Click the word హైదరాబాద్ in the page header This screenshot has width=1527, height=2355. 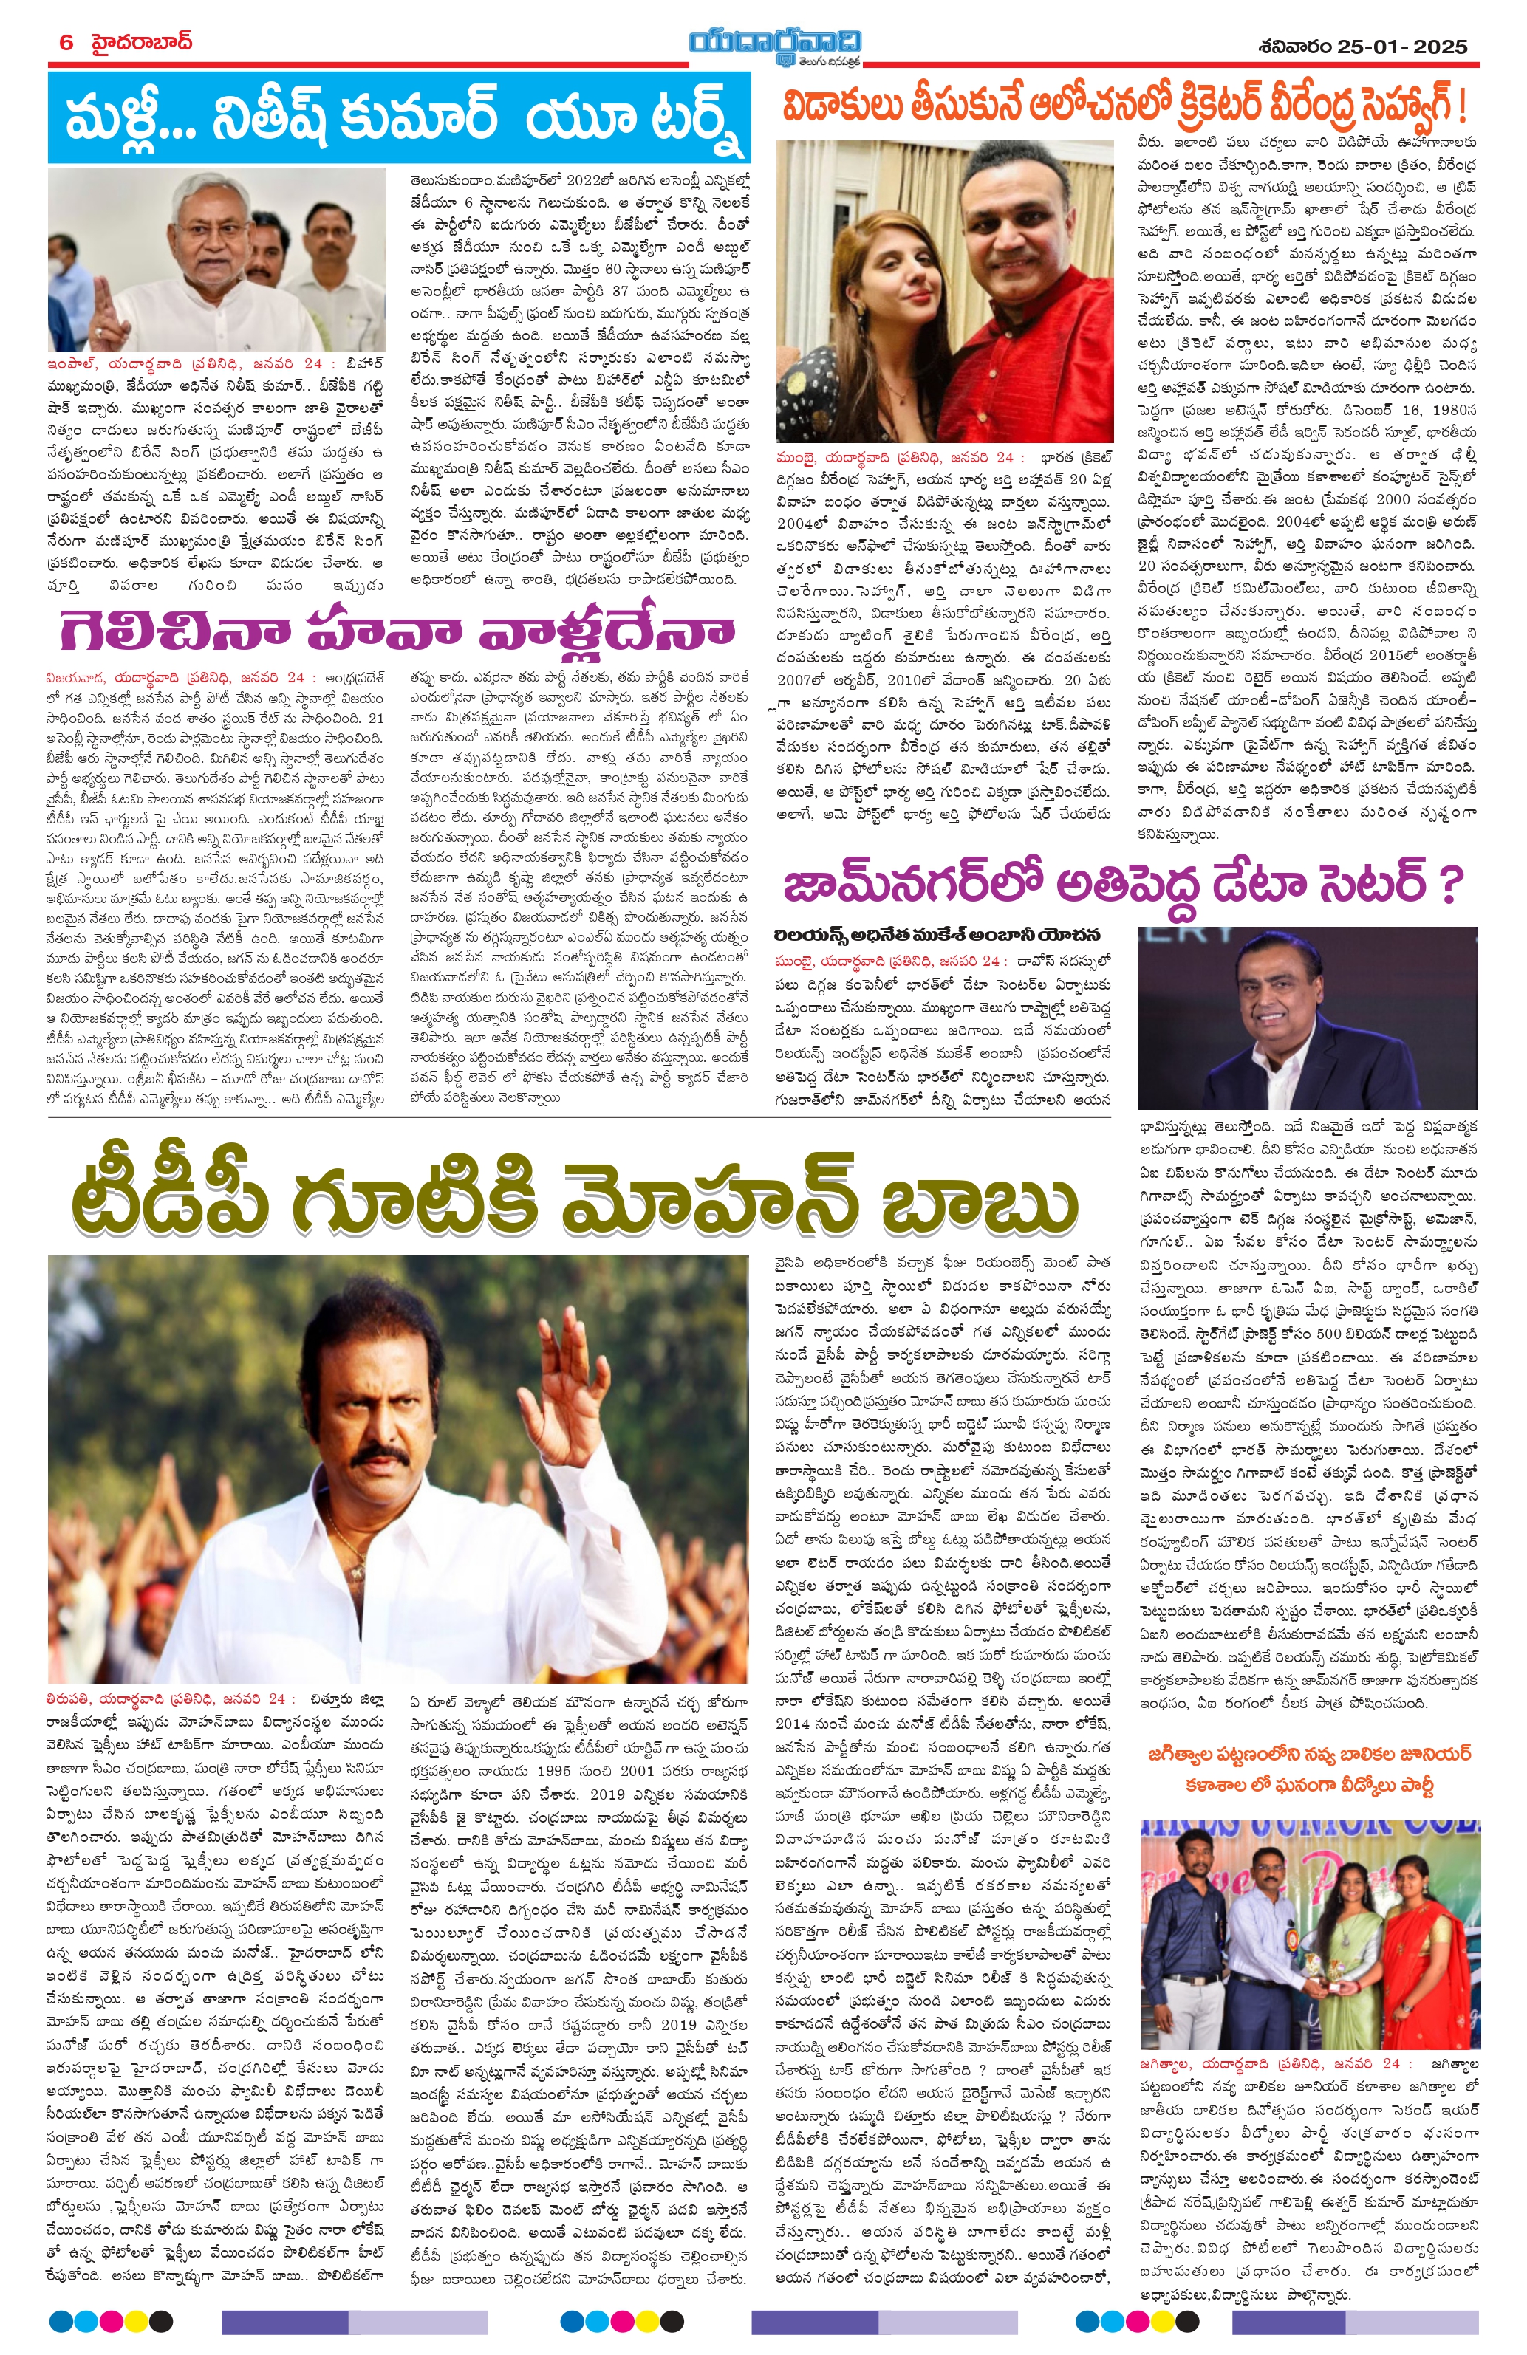[140, 43]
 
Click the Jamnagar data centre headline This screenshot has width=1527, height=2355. [1121, 884]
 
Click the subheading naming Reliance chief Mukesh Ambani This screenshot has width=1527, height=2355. [938, 935]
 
